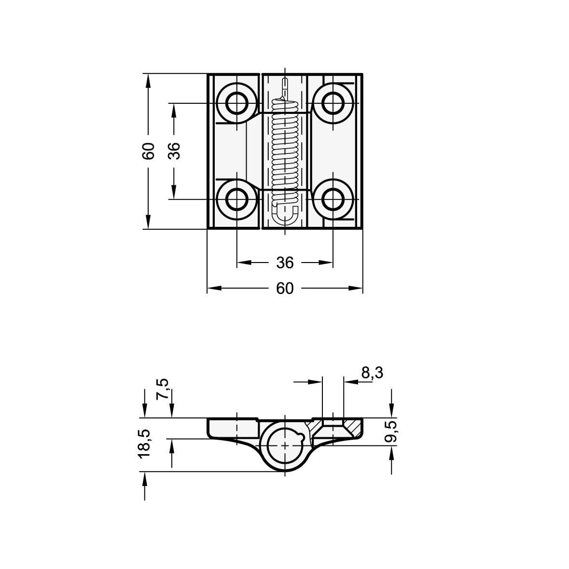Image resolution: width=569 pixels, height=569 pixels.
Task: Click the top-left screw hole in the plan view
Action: point(237,103)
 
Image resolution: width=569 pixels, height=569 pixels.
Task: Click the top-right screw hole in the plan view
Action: point(333,103)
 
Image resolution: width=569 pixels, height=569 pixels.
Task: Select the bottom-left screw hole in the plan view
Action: point(237,199)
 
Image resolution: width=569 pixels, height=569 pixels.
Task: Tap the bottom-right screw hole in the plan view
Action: point(333,199)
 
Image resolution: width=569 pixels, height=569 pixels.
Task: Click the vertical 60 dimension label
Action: point(149,151)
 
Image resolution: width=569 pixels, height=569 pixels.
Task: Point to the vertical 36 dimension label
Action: point(174,151)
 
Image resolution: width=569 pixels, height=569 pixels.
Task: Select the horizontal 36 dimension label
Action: point(285,263)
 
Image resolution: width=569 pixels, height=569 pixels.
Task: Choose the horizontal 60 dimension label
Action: point(285,289)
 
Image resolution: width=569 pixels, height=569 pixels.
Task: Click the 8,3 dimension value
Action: point(372,373)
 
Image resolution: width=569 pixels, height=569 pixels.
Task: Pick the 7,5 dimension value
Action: point(163,389)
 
